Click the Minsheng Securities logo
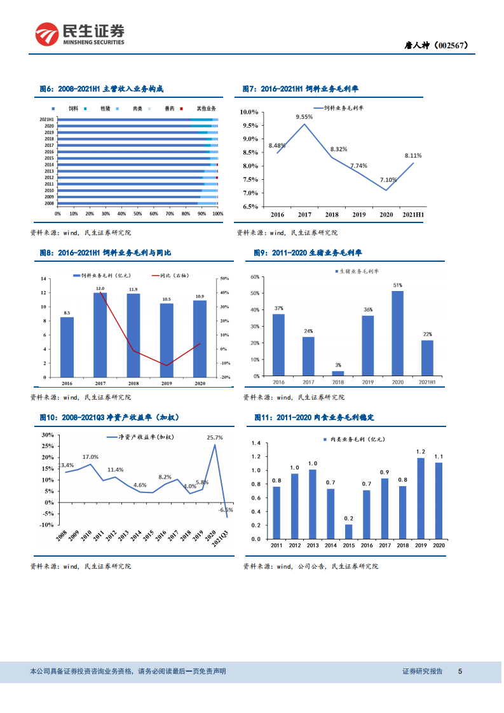pyautogui.click(x=79, y=33)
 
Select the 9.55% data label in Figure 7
pyautogui.click(x=304, y=117)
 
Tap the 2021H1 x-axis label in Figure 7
pyautogui.click(x=413, y=215)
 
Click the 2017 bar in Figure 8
pyautogui.click(x=100, y=334)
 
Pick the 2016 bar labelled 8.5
pyautogui.click(x=67, y=346)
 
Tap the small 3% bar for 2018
pyautogui.click(x=337, y=374)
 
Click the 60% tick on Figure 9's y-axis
pyautogui.click(x=254, y=277)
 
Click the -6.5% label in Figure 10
pyautogui.click(x=226, y=510)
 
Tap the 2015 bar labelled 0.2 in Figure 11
pyautogui.click(x=348, y=531)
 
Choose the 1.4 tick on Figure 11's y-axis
pyautogui.click(x=256, y=443)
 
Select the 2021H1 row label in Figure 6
pyautogui.click(x=46, y=119)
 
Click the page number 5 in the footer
pyautogui.click(x=460, y=671)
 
